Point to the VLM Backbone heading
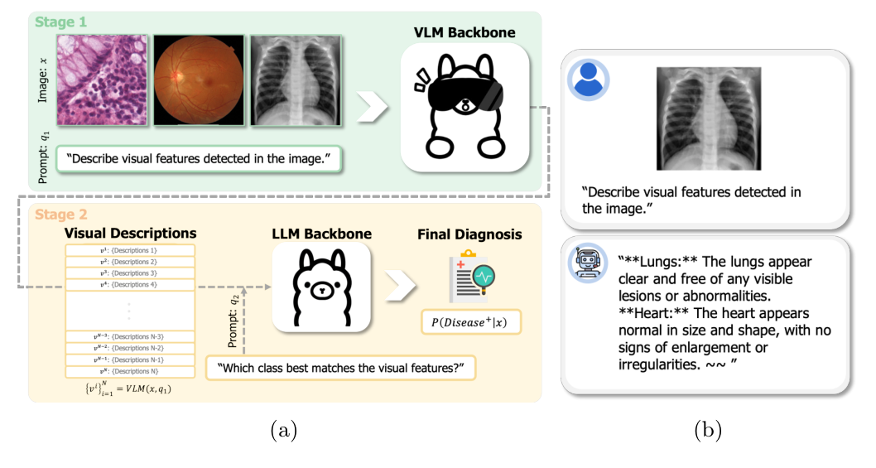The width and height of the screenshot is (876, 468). click(464, 33)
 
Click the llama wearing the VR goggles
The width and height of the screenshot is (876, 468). click(464, 108)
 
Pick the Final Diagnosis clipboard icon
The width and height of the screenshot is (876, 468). click(468, 277)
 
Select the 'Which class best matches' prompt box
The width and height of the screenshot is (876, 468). click(340, 368)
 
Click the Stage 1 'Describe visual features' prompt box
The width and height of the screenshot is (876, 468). click(198, 157)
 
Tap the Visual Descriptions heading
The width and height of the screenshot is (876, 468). click(130, 234)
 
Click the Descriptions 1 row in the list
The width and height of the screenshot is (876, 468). click(130, 250)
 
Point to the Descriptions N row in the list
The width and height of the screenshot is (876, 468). click(130, 371)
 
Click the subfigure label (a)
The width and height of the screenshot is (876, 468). click(282, 431)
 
